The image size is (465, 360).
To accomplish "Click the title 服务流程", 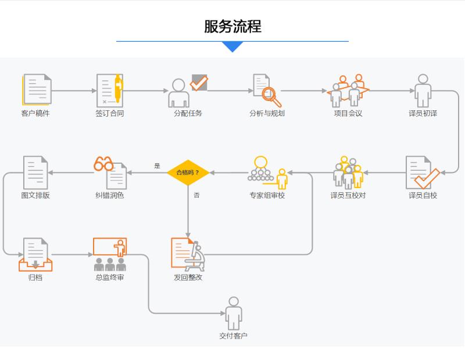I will tap(233, 27).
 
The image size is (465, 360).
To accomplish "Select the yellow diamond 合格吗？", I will tap(188, 172).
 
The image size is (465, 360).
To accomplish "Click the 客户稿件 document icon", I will tap(37, 89).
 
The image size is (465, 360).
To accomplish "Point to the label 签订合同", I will tap(110, 114).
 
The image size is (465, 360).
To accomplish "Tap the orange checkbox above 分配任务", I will tap(199, 82).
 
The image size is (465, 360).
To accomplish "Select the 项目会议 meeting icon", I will tap(348, 91).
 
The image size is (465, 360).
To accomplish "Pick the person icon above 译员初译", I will tap(423, 90).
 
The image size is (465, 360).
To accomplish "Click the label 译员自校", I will tap(423, 196).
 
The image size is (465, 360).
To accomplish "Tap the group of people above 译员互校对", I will tap(348, 172).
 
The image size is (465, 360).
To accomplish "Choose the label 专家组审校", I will tap(267, 196).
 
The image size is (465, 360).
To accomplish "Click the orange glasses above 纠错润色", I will tap(103, 164).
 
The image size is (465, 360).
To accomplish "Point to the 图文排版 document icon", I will tap(35, 172).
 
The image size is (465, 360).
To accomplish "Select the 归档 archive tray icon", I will tap(35, 255).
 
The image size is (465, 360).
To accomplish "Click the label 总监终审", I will tap(110, 278).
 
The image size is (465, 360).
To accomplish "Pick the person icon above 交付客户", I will tap(234, 313).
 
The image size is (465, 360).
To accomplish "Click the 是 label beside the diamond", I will tap(157, 166).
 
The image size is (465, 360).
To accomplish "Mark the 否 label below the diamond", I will tap(196, 196).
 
